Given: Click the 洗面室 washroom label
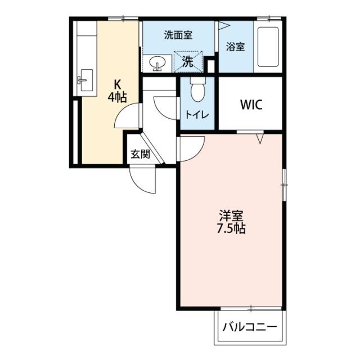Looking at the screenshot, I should [178, 35].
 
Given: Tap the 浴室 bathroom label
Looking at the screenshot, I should [235, 47].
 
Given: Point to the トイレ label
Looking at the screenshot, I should [197, 115].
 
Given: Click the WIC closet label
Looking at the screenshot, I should [250, 105].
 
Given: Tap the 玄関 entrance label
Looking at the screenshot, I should [140, 154].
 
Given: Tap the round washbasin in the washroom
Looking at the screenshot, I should [157, 62].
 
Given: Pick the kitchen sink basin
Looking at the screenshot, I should [84, 79].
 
